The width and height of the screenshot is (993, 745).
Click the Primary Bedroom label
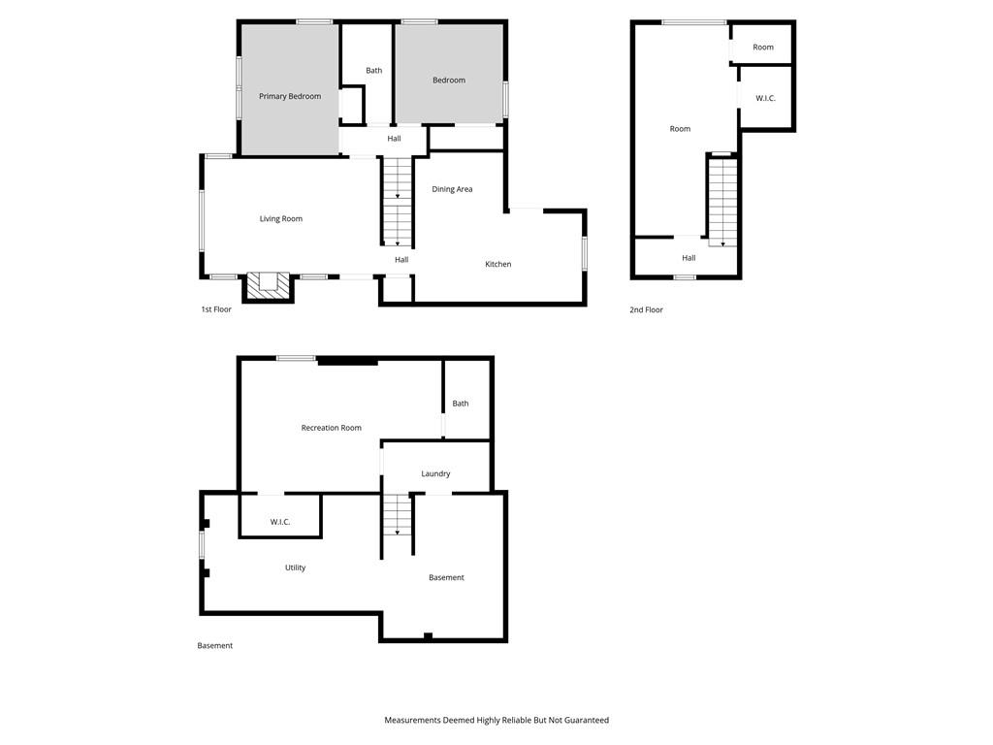(x=289, y=96)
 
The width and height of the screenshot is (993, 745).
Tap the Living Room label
(x=280, y=218)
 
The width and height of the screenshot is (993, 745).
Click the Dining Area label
(x=452, y=189)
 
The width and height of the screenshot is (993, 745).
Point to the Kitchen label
(x=497, y=264)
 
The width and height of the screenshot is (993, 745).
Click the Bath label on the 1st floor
(x=373, y=70)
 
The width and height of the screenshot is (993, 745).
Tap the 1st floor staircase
(x=397, y=201)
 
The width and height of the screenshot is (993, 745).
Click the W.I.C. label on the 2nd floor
(x=765, y=98)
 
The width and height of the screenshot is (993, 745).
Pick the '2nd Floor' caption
(x=646, y=309)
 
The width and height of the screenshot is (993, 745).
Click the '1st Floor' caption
(x=216, y=309)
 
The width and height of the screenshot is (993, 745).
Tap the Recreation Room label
(x=332, y=428)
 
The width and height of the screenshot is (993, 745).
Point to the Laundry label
(x=435, y=473)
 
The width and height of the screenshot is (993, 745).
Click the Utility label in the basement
(x=295, y=567)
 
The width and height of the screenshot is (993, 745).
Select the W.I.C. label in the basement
(x=280, y=522)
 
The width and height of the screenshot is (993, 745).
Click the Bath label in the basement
(x=461, y=404)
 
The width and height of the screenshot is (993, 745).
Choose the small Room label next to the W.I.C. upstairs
(x=763, y=47)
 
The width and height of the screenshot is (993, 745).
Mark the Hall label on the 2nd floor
(x=689, y=258)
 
